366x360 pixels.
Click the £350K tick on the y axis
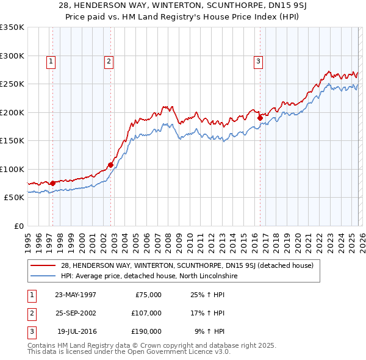[12, 27]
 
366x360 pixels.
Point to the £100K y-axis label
[12, 169]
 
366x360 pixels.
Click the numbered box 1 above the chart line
[51, 61]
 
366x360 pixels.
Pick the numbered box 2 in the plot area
[109, 61]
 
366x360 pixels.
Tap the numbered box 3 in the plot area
[258, 61]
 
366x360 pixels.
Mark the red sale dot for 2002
[111, 165]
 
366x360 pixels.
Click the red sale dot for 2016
[260, 118]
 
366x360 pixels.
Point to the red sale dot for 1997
[53, 182]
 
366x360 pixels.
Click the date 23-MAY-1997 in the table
[75, 295]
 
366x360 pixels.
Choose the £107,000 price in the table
[147, 313]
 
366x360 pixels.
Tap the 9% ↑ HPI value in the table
[209, 331]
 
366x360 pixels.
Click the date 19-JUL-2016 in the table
[76, 331]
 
